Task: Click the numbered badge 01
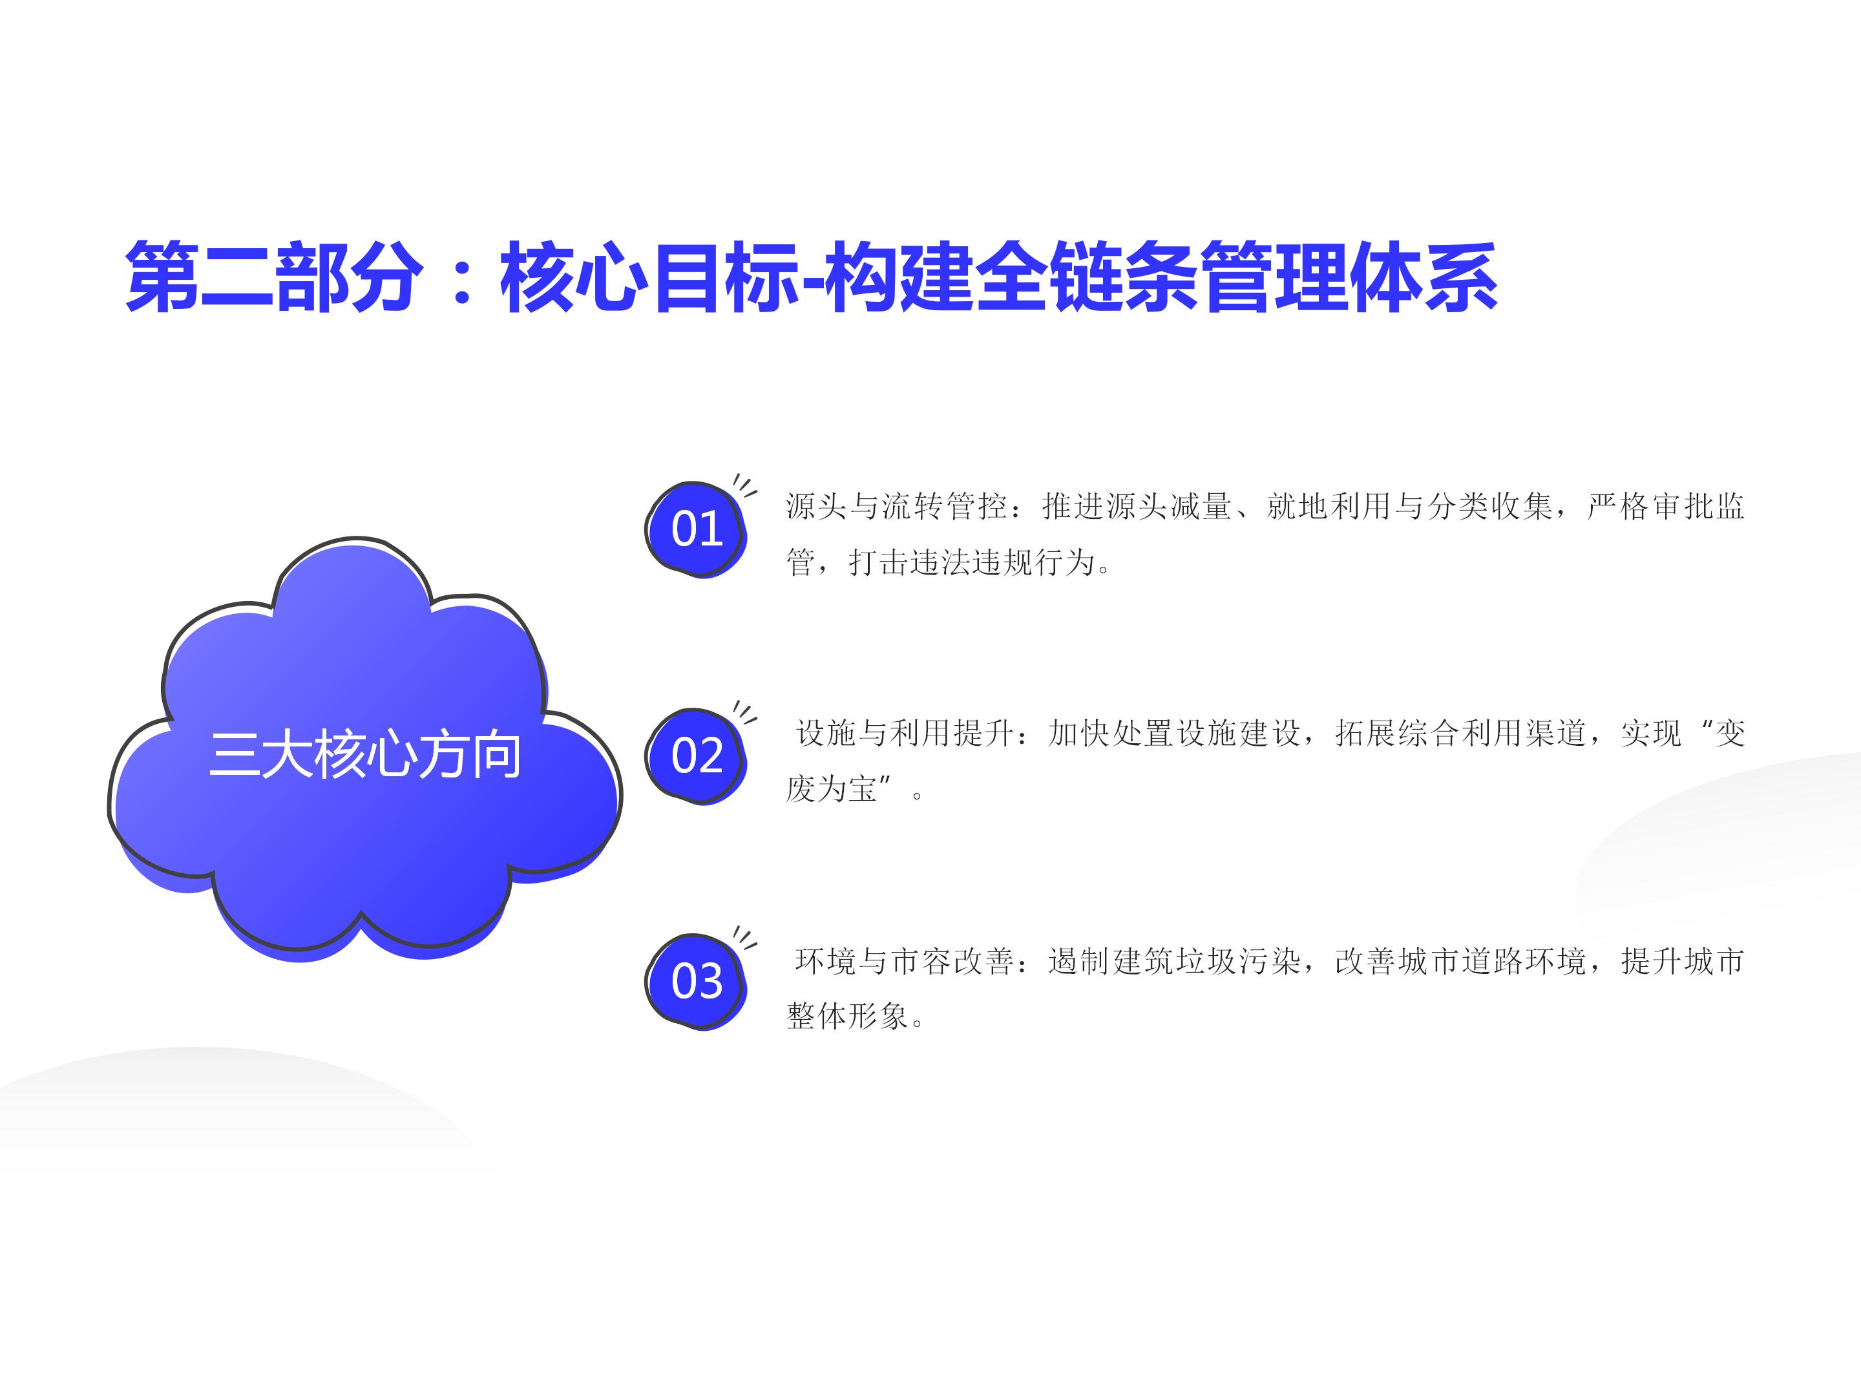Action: pyautogui.click(x=696, y=529)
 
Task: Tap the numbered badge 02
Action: pyautogui.click(x=696, y=756)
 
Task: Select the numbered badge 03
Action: pyautogui.click(x=696, y=981)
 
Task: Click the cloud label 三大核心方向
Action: pyautogui.click(x=364, y=755)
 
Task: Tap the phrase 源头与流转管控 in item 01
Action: pyautogui.click(x=897, y=505)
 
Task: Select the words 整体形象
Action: pyautogui.click(x=847, y=1017)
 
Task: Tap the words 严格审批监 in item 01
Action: pyautogui.click(x=1666, y=505)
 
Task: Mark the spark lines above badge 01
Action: pyautogui.click(x=744, y=485)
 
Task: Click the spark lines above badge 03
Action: pyautogui.click(x=744, y=937)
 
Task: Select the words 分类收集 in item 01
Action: pyautogui.click(x=1491, y=505)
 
